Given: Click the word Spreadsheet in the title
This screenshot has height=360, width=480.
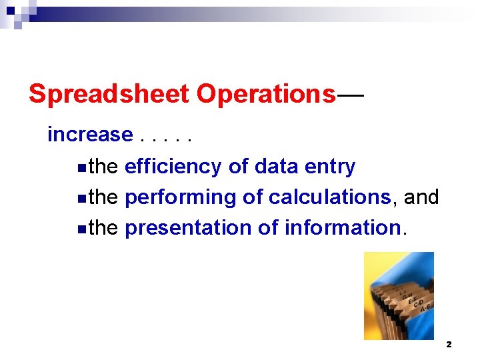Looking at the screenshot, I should point(109,94).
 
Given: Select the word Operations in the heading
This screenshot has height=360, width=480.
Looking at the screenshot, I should point(266,94).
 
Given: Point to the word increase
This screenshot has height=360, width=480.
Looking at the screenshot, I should point(90,135).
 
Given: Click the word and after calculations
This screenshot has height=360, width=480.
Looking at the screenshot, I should point(421,197).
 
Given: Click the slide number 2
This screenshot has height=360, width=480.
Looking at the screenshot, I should point(449,345).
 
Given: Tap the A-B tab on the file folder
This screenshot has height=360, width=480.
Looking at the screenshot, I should point(425,306).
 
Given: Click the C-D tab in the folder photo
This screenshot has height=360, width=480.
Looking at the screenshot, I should point(419,302).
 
